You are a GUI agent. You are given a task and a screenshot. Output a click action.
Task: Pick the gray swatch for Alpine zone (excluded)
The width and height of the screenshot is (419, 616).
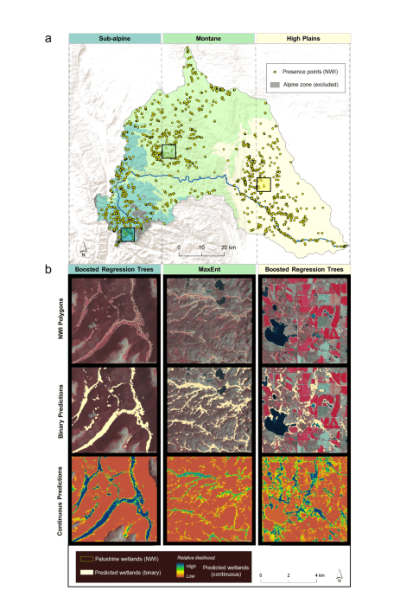point(274,86)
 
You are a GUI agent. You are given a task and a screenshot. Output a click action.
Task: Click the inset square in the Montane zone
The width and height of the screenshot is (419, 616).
point(168,151)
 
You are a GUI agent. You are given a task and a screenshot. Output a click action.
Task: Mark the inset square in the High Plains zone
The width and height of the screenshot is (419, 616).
point(263,183)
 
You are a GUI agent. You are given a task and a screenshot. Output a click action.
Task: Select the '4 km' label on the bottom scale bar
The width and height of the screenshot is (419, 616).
point(318,574)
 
